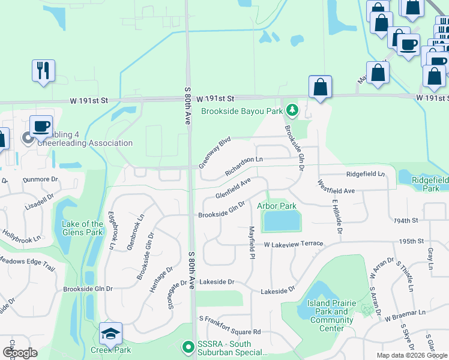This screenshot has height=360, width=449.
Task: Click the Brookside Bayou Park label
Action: [242, 111]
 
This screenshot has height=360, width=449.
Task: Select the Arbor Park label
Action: [277, 206]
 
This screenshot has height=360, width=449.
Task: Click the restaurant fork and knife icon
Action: [43, 71]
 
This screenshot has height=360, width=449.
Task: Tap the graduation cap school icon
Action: [110, 334]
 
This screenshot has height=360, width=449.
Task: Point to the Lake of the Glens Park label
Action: [83, 228]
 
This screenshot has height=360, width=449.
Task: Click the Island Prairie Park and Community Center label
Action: [331, 311]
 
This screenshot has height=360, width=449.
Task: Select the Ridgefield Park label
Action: [430, 184]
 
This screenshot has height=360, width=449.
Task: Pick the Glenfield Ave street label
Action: [233, 189]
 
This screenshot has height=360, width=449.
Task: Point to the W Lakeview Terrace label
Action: [294, 244]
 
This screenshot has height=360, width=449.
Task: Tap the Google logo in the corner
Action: [20, 353]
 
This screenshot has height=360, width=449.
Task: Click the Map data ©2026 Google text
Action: [412, 355]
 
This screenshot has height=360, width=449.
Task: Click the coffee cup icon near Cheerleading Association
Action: [41, 127]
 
